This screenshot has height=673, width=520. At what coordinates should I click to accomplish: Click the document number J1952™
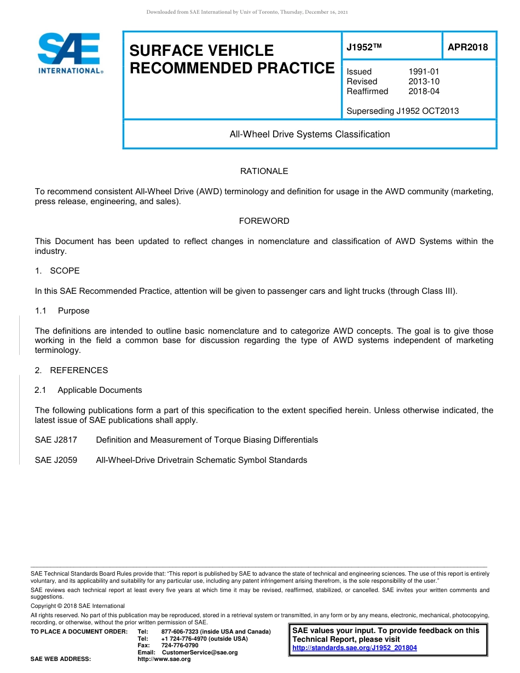(364, 48)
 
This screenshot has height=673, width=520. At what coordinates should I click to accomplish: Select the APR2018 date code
(467, 48)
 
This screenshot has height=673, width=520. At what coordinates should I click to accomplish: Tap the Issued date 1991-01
(424, 72)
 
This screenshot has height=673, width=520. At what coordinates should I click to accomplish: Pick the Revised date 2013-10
(424, 82)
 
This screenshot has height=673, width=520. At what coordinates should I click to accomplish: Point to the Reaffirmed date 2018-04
(424, 91)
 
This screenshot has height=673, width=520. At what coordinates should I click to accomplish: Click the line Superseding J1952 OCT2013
(402, 111)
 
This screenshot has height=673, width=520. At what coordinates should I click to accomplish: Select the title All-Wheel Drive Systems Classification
(309, 134)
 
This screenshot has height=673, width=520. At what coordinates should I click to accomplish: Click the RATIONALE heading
(264, 171)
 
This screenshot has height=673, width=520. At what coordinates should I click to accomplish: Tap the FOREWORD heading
(264, 221)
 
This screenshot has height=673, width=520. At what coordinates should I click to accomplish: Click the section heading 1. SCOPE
(57, 271)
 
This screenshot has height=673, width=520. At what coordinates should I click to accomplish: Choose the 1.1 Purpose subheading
(62, 311)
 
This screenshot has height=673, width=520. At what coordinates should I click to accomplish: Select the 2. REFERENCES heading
(71, 370)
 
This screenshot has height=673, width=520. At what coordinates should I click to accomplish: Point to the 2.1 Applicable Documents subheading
(88, 390)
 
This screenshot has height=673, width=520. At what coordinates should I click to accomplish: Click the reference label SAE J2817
(56, 440)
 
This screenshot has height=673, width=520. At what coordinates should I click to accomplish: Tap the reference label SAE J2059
(56, 460)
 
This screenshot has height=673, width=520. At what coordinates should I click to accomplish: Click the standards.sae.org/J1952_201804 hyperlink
(355, 648)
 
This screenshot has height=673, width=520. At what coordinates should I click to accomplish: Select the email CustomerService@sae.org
(200, 652)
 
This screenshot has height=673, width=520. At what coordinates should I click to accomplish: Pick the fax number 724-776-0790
(180, 646)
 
